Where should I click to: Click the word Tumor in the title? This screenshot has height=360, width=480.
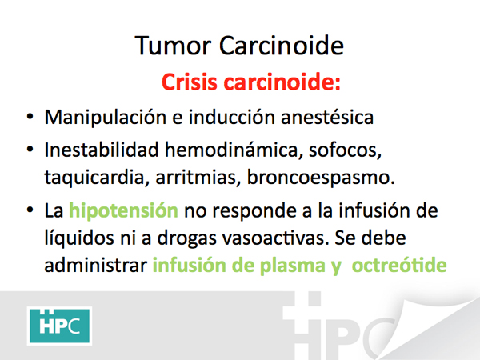pos(173,46)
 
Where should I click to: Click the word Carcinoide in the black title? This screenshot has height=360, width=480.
pos(282,46)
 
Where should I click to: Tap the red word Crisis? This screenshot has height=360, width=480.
pos(189,82)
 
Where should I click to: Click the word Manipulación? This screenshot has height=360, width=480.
pos(106,118)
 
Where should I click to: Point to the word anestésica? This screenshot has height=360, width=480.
pos(327,118)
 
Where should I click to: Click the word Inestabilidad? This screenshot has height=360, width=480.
pos(102,150)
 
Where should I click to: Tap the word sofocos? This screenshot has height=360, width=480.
pos(345,150)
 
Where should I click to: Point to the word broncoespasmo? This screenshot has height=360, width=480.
pos(321,178)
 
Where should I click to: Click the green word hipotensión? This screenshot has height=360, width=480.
pos(123,211)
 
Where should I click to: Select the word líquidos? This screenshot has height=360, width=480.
pos(79,238)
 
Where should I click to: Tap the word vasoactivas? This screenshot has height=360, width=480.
pos(275,238)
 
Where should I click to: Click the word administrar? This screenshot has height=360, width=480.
pos(96,265)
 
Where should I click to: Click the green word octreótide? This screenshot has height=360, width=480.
pos(399,265)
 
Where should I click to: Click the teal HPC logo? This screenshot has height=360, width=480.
pos(59,326)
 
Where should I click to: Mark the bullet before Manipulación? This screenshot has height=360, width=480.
pos(30,117)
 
